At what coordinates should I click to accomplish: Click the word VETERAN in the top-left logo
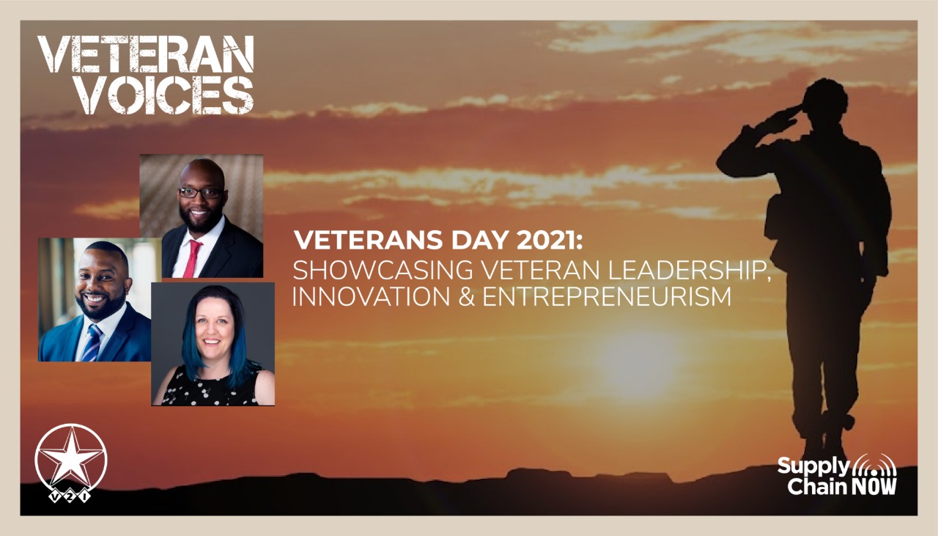(x=146, y=54)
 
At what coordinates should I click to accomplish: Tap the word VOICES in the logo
(x=169, y=95)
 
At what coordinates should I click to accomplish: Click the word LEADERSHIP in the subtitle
(x=689, y=271)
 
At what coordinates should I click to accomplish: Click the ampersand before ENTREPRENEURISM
(x=466, y=296)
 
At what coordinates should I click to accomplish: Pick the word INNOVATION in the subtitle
(x=371, y=296)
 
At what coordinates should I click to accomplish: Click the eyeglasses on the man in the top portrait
(x=201, y=193)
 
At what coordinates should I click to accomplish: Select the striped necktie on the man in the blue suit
(x=92, y=343)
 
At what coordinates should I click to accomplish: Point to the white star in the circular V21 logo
(x=72, y=458)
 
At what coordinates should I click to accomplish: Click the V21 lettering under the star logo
(x=70, y=497)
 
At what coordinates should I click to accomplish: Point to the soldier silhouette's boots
(x=821, y=444)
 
